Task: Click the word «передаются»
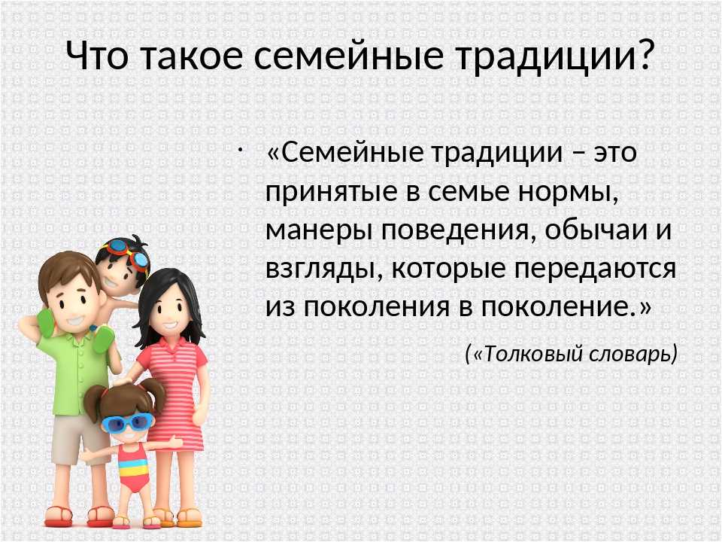pyautogui.click(x=596, y=269)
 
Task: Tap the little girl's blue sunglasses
pyautogui.click(x=128, y=422)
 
